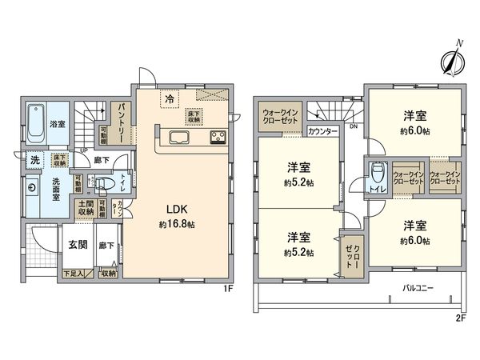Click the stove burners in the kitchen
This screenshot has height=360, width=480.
click(x=218, y=138)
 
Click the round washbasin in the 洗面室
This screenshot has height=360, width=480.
click(x=32, y=189)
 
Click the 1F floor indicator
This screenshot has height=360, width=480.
click(x=227, y=289)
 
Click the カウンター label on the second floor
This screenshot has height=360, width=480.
click(x=322, y=130)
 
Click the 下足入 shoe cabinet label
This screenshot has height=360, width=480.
click(x=72, y=274)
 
